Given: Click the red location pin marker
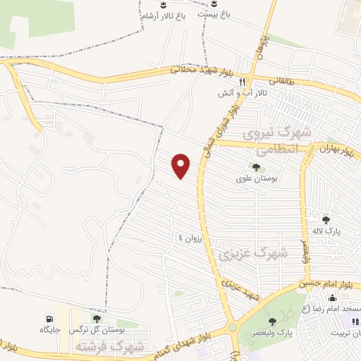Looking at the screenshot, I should pyautogui.click(x=182, y=166).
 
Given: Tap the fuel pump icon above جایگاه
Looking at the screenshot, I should pyautogui.click(x=49, y=318).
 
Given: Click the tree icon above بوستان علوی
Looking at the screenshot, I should pyautogui.click(x=255, y=168).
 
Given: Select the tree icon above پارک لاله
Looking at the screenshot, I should pyautogui.click(x=326, y=220).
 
